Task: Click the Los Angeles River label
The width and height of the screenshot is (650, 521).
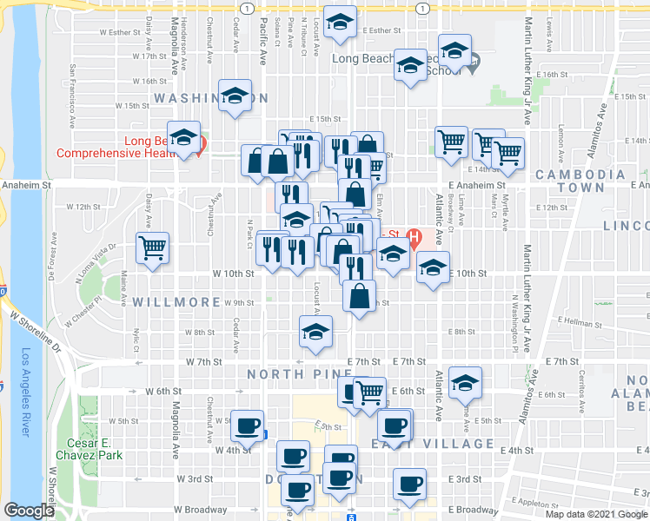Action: point(26,390)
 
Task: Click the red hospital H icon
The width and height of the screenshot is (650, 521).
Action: point(415,236)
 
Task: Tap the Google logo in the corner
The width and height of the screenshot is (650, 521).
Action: point(28,511)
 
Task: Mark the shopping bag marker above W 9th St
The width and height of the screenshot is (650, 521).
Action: point(359,297)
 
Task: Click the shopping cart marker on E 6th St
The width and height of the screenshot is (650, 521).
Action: point(371,392)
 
